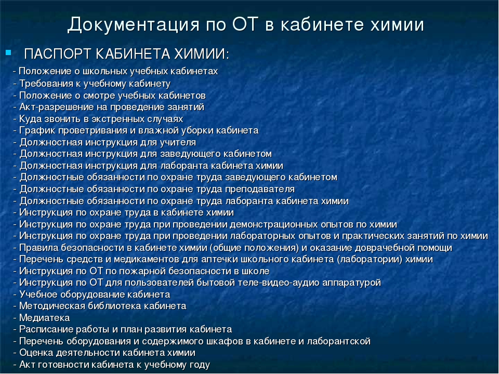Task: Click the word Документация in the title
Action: (134, 24)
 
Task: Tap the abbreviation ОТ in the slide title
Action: (245, 24)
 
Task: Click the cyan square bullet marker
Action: (8, 52)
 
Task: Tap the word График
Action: (37, 130)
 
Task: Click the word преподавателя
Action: (260, 189)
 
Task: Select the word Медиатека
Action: (45, 318)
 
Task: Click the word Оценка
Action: (36, 353)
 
